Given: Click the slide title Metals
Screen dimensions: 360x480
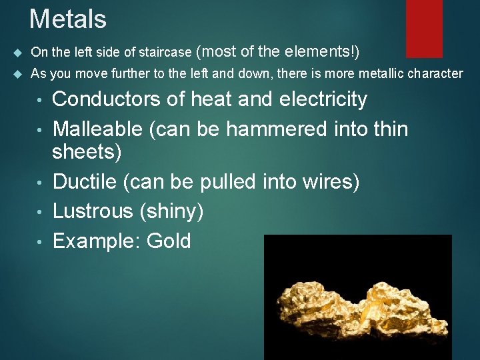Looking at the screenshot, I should pyautogui.click(x=68, y=19).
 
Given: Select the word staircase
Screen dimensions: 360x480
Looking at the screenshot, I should pyautogui.click(x=167, y=52).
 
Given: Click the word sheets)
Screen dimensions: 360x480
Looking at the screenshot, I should pyautogui.click(x=87, y=153).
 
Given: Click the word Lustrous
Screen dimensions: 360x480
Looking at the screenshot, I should pyautogui.click(x=93, y=211).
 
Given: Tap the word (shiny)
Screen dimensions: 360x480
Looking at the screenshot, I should pyautogui.click(x=171, y=211).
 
